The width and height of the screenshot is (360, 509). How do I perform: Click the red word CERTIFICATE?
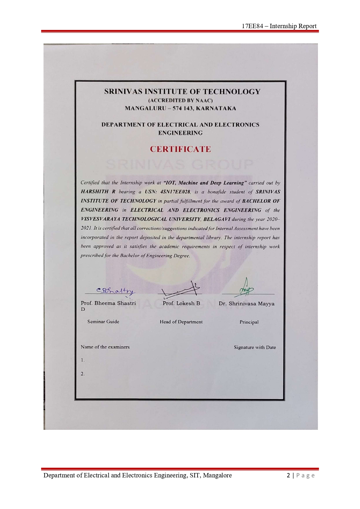pyautogui.click(x=180, y=149)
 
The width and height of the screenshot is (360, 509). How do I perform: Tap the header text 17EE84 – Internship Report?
pyautogui.click(x=279, y=26)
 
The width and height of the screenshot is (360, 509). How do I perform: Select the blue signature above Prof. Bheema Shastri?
pyautogui.click(x=115, y=291)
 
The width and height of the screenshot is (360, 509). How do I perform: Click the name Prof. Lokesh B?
pyautogui.click(x=181, y=303)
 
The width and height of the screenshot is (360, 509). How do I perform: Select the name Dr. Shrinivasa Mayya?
pyautogui.click(x=246, y=304)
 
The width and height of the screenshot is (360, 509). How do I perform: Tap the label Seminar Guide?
pyautogui.click(x=103, y=321)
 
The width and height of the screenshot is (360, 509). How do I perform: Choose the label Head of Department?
pyautogui.click(x=181, y=322)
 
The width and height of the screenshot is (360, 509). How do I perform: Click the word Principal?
pyautogui.click(x=249, y=322)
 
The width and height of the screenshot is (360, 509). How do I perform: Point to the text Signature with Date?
pyautogui.click(x=255, y=347)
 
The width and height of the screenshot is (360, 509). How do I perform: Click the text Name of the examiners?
pyautogui.click(x=105, y=347)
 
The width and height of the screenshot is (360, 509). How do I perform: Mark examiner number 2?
pyautogui.click(x=83, y=374)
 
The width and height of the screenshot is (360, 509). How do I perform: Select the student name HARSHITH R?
pyautogui.click(x=98, y=192)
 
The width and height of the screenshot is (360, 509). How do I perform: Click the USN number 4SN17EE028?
pyautogui.click(x=175, y=192)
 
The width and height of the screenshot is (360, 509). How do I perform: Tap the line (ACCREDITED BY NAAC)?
pyautogui.click(x=180, y=101)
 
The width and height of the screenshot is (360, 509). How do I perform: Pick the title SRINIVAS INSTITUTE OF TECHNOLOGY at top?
pyautogui.click(x=182, y=92)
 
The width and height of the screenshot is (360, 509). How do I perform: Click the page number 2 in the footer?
pyautogui.click(x=288, y=475)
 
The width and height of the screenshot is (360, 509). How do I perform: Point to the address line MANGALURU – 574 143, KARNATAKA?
pyautogui.click(x=180, y=108)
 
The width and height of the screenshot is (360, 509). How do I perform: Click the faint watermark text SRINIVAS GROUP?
pyautogui.click(x=180, y=165)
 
